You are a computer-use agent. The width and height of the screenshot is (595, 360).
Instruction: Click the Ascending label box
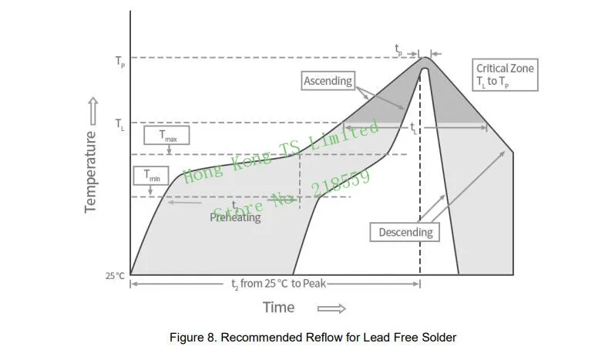click(x=328, y=81)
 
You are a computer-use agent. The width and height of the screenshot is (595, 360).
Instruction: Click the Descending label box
click(x=406, y=232)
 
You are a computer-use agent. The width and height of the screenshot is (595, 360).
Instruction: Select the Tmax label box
click(x=168, y=136)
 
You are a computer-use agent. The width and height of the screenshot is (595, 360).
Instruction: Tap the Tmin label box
click(x=150, y=176)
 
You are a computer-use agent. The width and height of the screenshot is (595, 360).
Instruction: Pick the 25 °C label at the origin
click(x=115, y=275)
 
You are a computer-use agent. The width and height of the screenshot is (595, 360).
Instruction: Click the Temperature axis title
click(x=90, y=171)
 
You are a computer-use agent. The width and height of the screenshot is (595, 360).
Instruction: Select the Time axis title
click(x=278, y=308)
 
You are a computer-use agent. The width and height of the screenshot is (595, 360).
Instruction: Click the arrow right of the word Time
click(x=331, y=308)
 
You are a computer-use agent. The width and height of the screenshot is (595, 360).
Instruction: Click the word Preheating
click(x=236, y=217)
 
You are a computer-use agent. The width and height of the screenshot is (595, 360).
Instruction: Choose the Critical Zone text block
click(x=504, y=76)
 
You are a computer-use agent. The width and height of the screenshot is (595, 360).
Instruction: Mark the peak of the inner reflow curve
click(x=424, y=67)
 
